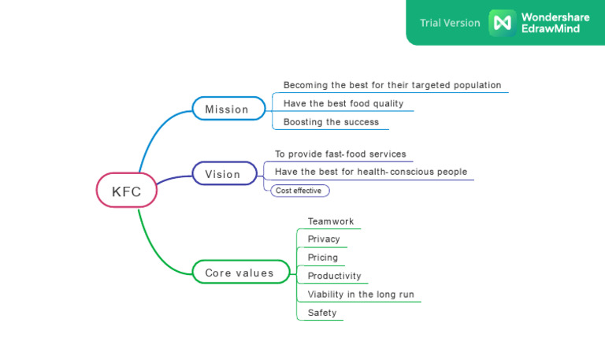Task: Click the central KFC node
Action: [126, 191]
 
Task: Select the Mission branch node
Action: [228, 109]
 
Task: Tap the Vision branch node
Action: [225, 173]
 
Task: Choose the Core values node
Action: [240, 273]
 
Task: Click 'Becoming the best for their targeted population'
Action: [392, 85]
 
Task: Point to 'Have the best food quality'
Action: [343, 103]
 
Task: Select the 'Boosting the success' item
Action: [331, 122]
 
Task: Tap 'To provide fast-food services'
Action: [340, 154]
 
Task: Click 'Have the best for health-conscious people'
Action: [370, 172]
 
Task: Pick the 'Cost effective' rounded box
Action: [299, 191]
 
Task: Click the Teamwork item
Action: [331, 221]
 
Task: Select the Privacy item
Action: [324, 239]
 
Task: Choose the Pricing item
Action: [322, 258]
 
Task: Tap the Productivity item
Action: [334, 276]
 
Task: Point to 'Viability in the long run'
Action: [360, 295]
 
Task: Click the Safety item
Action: [321, 313]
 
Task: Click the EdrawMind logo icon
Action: [502, 23]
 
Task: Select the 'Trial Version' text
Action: [450, 23]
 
